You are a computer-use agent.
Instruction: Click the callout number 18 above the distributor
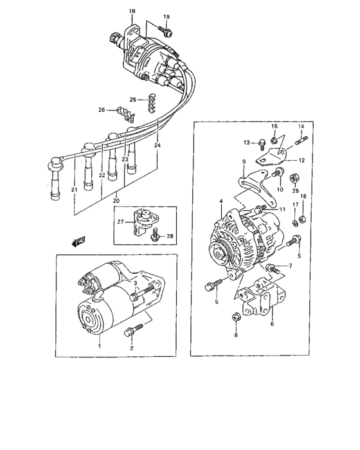pos(132,12)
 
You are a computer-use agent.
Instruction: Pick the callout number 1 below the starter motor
pos(99,346)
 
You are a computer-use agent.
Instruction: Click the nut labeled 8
pos(235,316)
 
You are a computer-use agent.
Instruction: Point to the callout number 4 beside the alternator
pos(221,201)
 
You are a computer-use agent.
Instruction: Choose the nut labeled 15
pos(274,140)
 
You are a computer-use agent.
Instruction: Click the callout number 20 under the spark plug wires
pos(116,201)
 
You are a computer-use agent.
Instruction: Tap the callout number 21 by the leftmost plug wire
pos(74,190)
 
